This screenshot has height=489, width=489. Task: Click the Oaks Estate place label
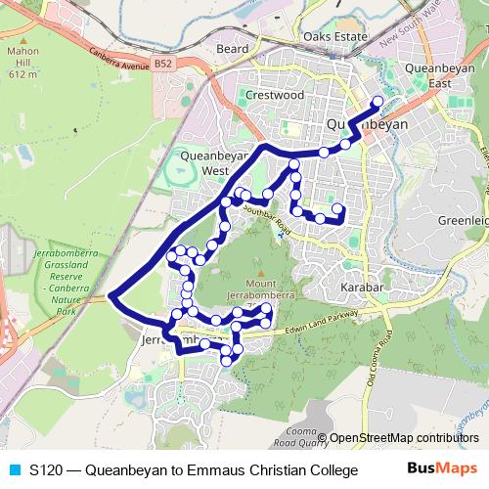click(332, 36)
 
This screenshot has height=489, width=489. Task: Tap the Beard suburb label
click(233, 47)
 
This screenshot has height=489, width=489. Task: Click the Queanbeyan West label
click(201, 162)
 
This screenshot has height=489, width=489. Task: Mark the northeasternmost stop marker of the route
click(378, 101)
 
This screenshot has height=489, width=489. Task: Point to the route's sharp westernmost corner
click(112, 294)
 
